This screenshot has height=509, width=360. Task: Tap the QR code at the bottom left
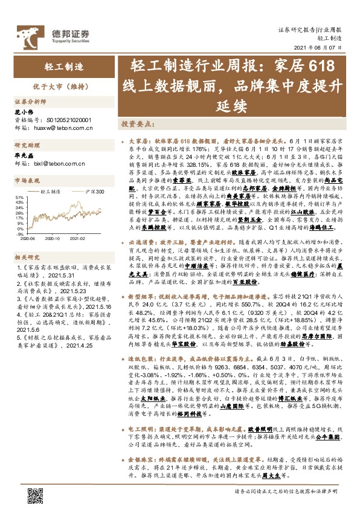click(x=36, y=494)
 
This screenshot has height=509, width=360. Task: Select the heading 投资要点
click(x=136, y=124)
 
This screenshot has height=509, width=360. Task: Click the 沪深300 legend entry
click(x=92, y=192)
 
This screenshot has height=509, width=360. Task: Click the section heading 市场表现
click(x=26, y=180)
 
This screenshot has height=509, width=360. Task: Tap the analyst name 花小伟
click(x=22, y=112)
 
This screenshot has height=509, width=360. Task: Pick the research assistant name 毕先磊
click(x=22, y=155)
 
